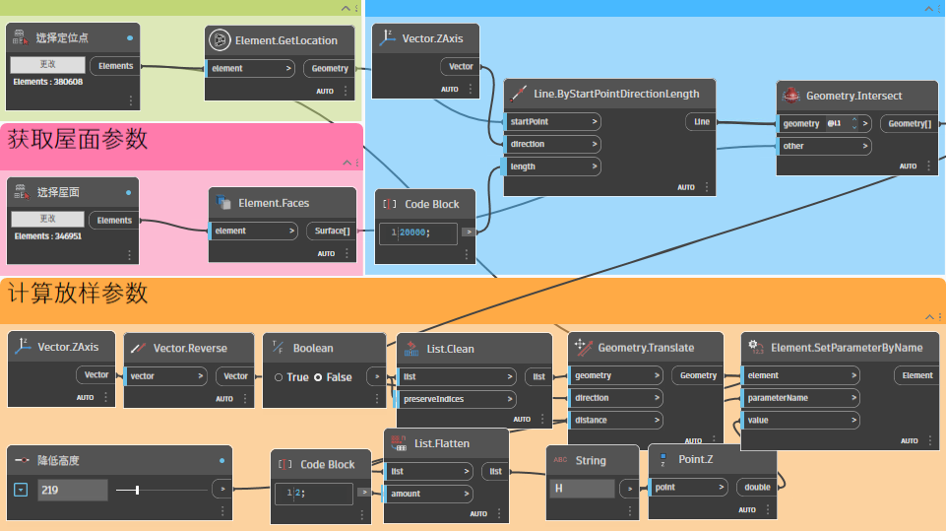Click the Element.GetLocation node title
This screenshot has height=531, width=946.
click(285, 40)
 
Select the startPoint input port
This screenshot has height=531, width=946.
click(552, 122)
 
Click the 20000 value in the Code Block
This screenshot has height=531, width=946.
click(413, 232)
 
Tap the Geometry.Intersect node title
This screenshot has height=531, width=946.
click(853, 96)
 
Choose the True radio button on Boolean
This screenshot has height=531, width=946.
click(280, 377)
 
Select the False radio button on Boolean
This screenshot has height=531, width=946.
click(319, 377)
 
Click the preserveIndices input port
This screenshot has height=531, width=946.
click(457, 399)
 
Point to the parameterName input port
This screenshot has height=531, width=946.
click(798, 398)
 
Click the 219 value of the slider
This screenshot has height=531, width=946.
click(72, 489)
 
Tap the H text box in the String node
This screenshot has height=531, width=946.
click(581, 488)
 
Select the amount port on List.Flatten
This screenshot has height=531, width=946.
click(431, 494)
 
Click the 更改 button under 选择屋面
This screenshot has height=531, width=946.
click(48, 218)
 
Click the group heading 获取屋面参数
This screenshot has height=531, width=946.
click(78, 139)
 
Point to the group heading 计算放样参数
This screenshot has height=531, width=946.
click(78, 293)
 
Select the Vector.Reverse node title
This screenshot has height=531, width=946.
click(190, 348)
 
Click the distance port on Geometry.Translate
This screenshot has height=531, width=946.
click(613, 421)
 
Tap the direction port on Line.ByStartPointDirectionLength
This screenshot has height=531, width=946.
click(552, 144)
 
